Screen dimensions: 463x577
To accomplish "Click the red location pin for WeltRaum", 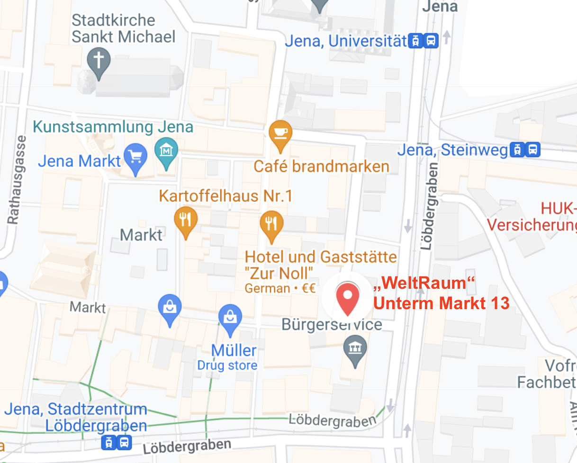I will tap(347, 298).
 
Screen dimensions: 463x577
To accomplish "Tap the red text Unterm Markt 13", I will tap(441, 303).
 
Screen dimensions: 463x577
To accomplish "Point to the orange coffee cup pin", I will tap(280, 134).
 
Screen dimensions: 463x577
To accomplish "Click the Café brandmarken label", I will tap(321, 166).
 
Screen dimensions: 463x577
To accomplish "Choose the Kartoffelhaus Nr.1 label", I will tap(225, 196).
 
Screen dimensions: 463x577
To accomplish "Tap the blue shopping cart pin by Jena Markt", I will tap(136, 158).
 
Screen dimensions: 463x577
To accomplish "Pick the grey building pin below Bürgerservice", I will tap(354, 350).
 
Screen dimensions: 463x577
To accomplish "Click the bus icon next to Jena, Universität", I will tap(431, 41).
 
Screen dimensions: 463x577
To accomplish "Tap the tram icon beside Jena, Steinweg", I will tap(517, 151).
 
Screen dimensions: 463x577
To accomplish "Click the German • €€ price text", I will tap(279, 288).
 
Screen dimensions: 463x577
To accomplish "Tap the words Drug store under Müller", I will tap(227, 365).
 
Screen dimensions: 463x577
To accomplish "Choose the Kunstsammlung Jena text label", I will tap(114, 127).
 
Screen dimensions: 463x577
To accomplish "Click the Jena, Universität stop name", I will tap(346, 41).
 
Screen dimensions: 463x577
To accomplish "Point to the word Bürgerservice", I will tap(332, 325).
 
